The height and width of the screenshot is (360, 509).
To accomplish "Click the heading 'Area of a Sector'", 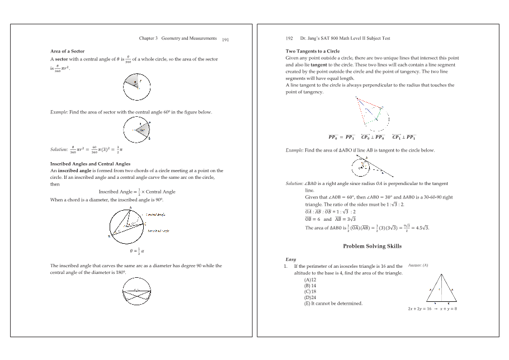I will [67, 51].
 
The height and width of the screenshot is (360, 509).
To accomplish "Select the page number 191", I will [225, 40].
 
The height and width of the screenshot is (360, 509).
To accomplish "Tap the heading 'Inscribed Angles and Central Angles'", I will [90, 164].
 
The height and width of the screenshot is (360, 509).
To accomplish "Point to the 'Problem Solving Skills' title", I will [372, 246].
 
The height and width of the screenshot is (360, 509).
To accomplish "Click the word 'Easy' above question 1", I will [291, 260].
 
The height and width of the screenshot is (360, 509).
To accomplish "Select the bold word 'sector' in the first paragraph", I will [61, 59].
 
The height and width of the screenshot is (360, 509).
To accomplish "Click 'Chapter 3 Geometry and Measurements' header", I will [177, 38].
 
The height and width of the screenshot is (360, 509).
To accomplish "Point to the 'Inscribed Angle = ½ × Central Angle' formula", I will [137, 192].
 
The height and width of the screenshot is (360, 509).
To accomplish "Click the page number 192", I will [289, 39].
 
